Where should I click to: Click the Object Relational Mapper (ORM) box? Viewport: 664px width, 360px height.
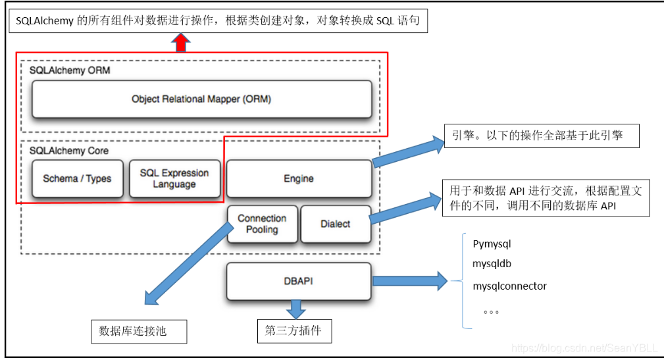point(201,99)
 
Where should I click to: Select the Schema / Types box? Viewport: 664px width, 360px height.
point(77,178)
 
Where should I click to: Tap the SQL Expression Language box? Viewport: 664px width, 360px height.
point(174,178)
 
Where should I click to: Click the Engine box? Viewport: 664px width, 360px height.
point(299,178)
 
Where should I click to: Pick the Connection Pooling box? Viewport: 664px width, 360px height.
point(262,224)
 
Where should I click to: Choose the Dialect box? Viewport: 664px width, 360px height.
point(336,224)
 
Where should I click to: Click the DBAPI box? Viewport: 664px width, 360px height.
point(299,281)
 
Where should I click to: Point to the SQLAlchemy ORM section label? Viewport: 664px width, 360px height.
point(70,70)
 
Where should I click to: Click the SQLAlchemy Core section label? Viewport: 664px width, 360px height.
point(69,151)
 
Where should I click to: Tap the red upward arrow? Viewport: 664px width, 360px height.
point(180,43)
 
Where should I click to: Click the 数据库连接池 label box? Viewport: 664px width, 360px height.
point(138,331)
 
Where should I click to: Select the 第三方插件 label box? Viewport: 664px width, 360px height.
point(294,330)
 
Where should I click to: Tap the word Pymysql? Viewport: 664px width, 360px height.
point(492,244)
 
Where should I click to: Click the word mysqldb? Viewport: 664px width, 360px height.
point(492,264)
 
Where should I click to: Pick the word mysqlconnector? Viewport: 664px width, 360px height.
point(509,286)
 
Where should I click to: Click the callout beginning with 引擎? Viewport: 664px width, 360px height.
point(542,136)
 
